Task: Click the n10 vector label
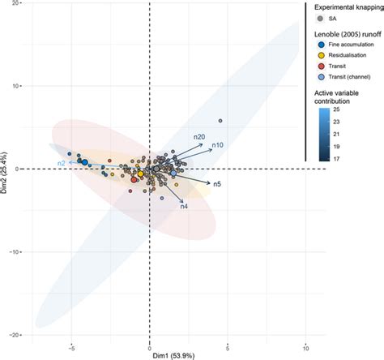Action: pyautogui.click(x=218, y=145)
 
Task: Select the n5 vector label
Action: pyautogui.click(x=218, y=185)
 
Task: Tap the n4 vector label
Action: pyautogui.click(x=184, y=207)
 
